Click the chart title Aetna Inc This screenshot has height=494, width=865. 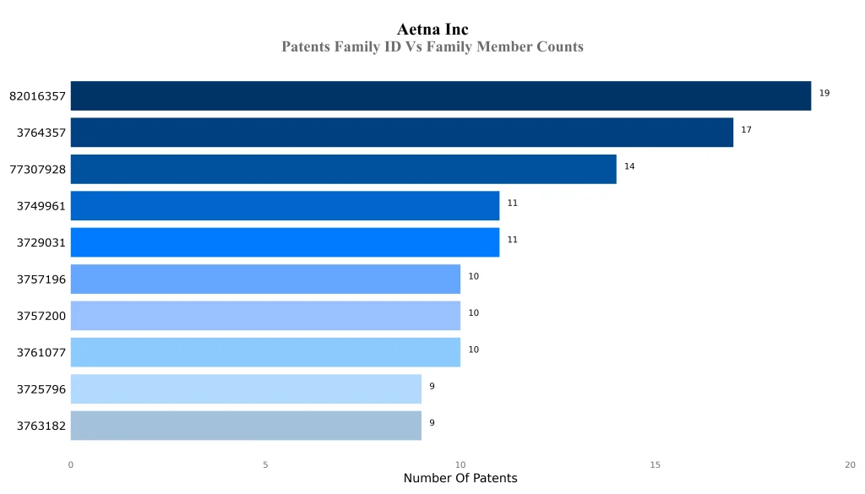click(x=432, y=30)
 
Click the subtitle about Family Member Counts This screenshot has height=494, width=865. click(x=432, y=46)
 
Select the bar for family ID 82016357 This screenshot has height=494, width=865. click(x=440, y=96)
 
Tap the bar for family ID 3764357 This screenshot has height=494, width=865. click(x=401, y=133)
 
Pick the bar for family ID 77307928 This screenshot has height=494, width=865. click(x=343, y=169)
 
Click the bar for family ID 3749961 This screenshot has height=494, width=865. click(x=285, y=206)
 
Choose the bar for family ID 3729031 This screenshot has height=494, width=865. click(x=285, y=242)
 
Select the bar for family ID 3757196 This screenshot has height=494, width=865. click(x=265, y=279)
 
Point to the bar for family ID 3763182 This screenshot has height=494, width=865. click(x=246, y=426)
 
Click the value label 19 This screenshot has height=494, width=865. click(x=824, y=93)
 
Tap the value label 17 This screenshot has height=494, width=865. click(x=746, y=130)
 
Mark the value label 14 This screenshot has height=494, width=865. click(x=629, y=166)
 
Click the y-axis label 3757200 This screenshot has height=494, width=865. click(x=41, y=316)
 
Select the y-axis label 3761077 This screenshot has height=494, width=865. click(x=41, y=352)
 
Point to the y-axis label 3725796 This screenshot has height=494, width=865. click(x=41, y=389)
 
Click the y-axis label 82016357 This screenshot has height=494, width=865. click(x=37, y=96)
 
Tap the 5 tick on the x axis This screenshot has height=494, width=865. click(x=265, y=464)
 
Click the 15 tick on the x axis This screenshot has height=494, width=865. click(x=655, y=464)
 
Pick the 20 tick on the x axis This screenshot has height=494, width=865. click(x=850, y=464)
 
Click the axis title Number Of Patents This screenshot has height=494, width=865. click(x=460, y=479)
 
